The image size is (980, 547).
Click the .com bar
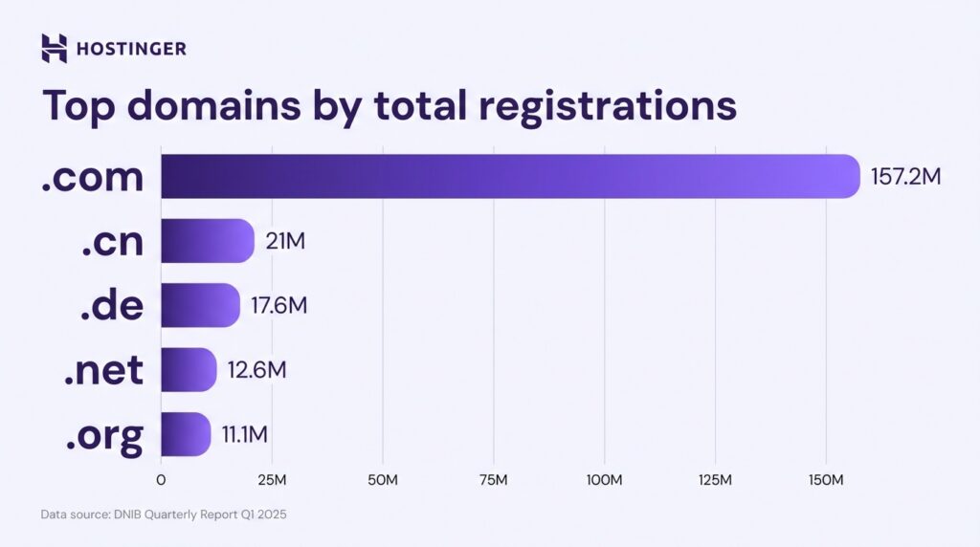click(x=510, y=176)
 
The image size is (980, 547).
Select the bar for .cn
click(x=207, y=241)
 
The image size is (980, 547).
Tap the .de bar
click(x=199, y=305)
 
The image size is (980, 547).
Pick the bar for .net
click(x=188, y=369)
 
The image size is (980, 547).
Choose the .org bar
click(x=185, y=434)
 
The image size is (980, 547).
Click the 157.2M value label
click(x=906, y=177)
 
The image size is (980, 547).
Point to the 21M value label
click(x=285, y=242)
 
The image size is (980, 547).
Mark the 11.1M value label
click(x=245, y=435)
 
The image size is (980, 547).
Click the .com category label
click(x=93, y=178)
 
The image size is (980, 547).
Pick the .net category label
click(x=103, y=371)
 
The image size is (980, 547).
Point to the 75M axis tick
click(x=493, y=478)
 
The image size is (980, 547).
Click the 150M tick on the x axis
click(x=825, y=478)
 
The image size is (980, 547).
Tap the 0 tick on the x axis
click(x=161, y=478)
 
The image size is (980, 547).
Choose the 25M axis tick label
click(x=272, y=478)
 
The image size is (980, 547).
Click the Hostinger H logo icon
click(x=55, y=48)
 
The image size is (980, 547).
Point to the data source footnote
click(x=164, y=514)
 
